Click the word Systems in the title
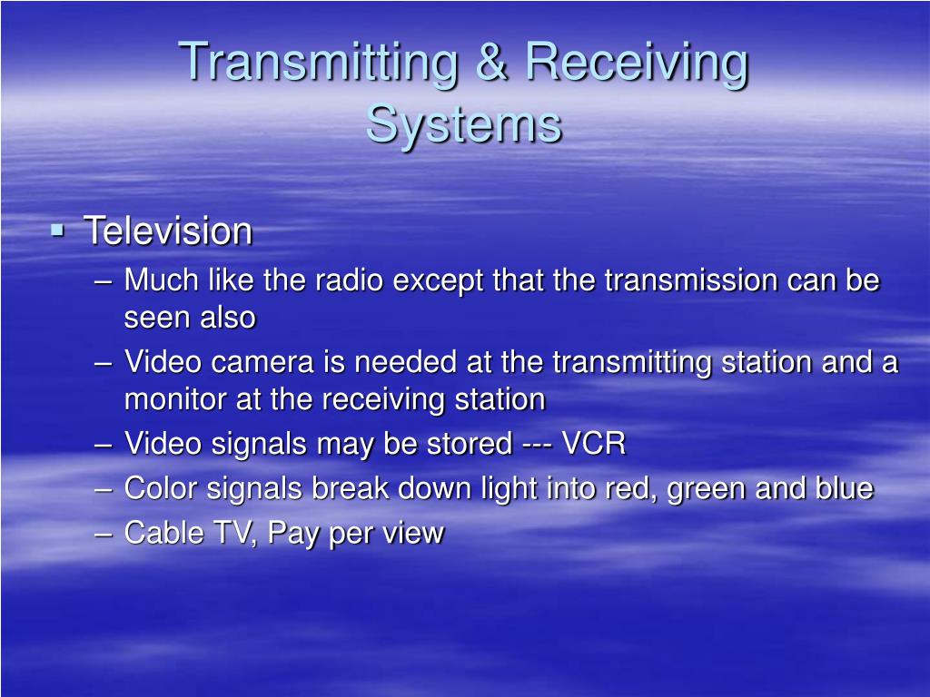(464, 124)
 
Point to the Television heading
(168, 231)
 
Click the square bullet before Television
(58, 231)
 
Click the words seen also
(190, 318)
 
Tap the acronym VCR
(594, 445)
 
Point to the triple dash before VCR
(537, 446)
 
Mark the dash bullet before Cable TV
(104, 534)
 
